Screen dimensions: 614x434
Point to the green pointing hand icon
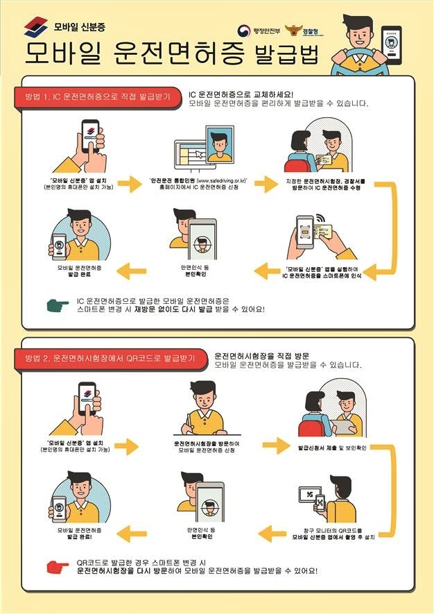point(59,304)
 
